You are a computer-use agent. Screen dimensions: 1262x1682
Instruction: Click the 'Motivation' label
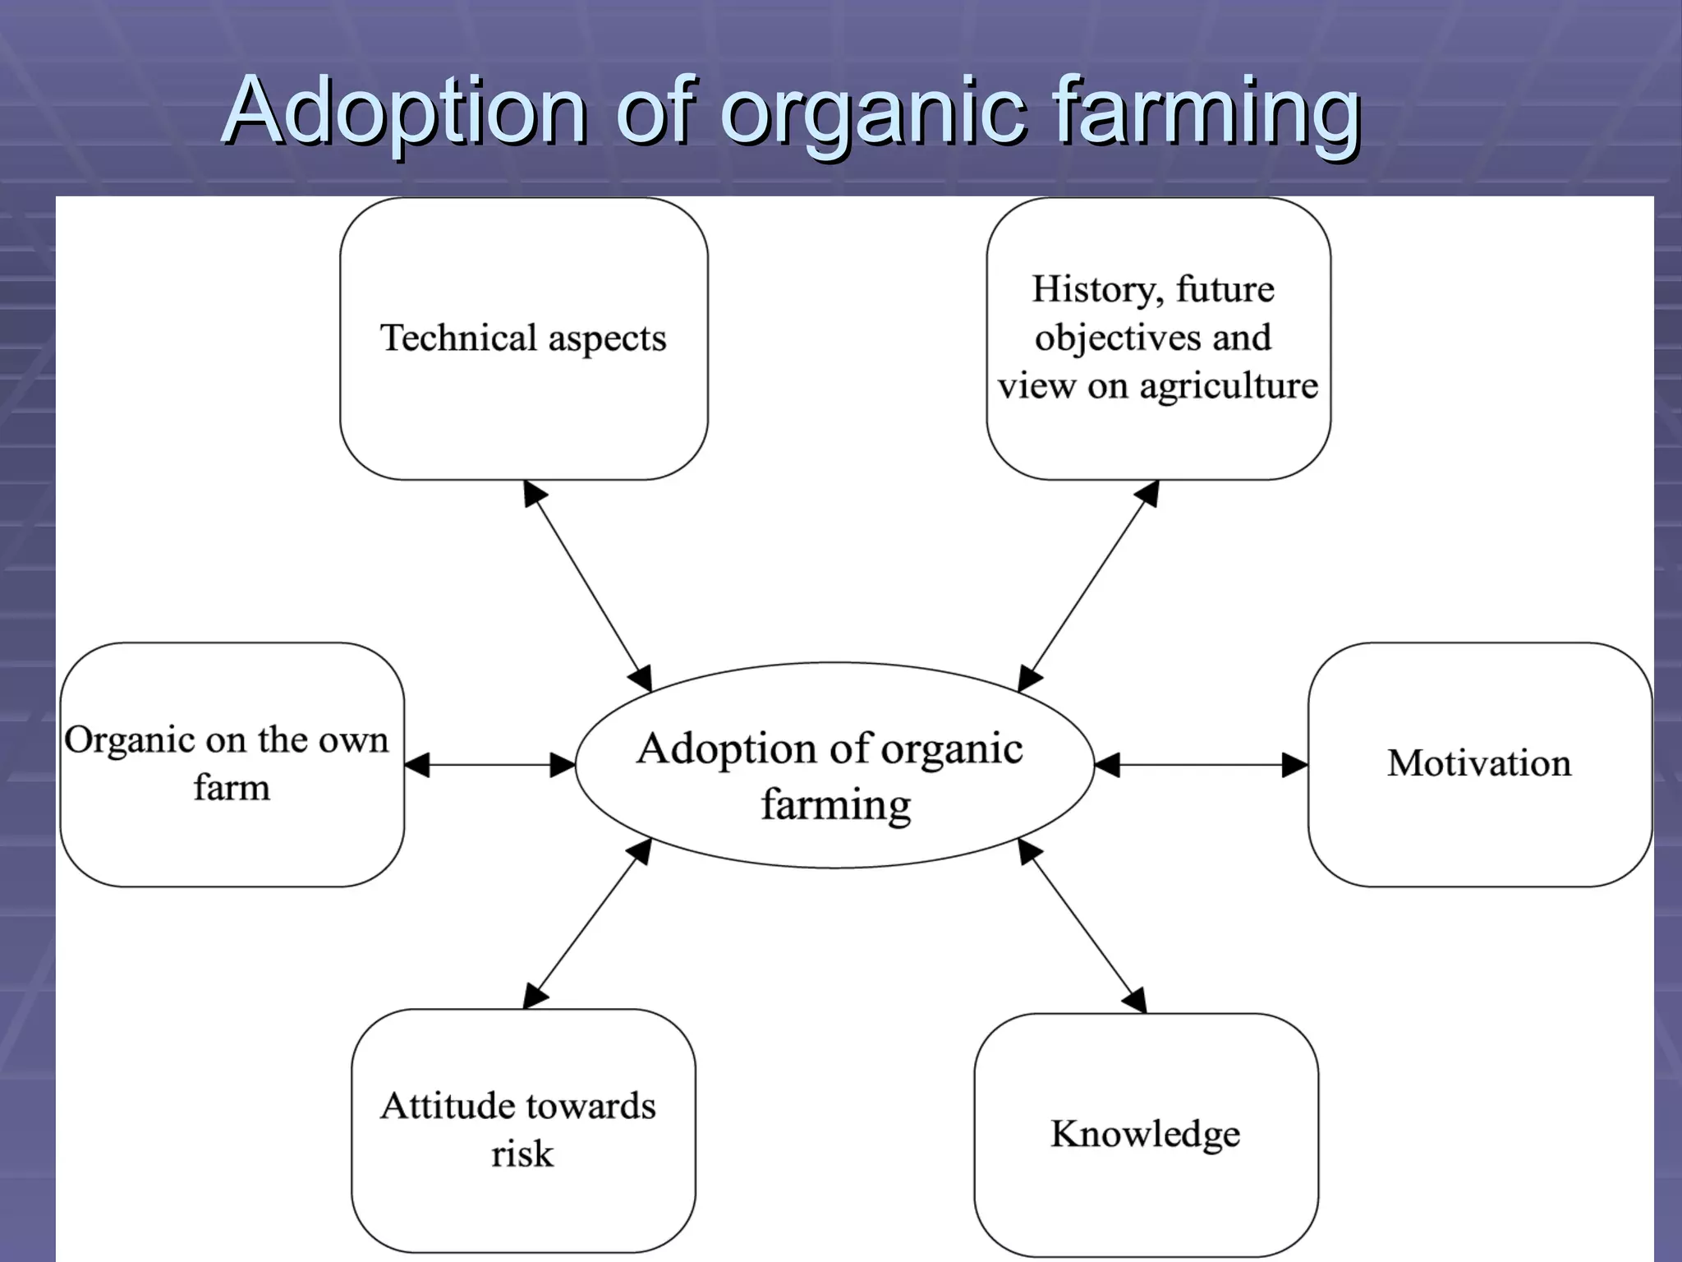click(x=1479, y=763)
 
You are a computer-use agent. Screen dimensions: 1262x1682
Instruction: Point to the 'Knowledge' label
click(x=1146, y=1134)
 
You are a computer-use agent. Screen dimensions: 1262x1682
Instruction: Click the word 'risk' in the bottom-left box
click(x=522, y=1154)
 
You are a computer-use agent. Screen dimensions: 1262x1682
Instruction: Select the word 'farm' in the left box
click(x=232, y=787)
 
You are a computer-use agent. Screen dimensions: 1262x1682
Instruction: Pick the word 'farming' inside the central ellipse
click(x=835, y=804)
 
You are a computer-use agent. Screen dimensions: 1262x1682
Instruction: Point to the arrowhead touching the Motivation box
click(x=1295, y=765)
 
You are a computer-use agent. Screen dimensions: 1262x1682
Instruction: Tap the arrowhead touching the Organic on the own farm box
click(x=416, y=765)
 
